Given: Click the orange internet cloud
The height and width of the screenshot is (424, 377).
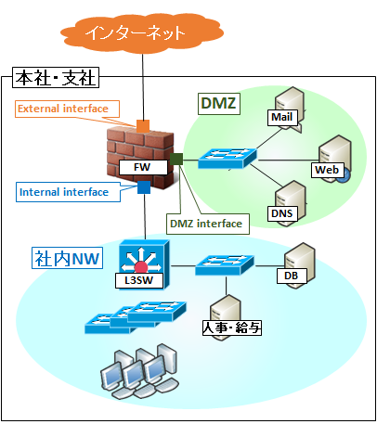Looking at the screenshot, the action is [142, 33].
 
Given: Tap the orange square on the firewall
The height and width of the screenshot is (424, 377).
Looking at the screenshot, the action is [143, 126].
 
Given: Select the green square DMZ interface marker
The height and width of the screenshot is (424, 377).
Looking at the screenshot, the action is [176, 159].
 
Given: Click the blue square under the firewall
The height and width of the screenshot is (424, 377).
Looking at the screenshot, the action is [144, 187].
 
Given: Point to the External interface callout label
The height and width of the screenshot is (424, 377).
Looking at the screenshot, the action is [67, 109].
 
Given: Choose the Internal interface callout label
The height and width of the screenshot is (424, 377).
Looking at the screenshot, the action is [68, 192].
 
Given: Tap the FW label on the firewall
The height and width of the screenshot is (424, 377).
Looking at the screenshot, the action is [143, 167].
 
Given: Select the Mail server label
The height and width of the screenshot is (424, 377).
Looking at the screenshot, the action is [282, 117].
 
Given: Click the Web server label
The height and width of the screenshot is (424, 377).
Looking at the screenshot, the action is [328, 170].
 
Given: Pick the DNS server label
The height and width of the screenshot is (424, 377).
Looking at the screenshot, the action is [282, 213].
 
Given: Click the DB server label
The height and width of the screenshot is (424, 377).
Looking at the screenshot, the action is [292, 276].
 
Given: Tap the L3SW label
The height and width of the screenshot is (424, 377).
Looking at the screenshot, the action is [139, 280].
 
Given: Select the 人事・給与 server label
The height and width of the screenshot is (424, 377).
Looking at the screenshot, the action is [232, 328].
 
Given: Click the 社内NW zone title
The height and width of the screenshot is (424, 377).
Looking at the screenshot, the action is [67, 258].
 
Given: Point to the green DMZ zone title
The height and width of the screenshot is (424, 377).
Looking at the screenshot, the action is [219, 103].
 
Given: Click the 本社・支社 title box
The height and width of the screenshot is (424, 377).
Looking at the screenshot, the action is [56, 78].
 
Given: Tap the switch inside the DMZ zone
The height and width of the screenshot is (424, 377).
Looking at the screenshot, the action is [227, 158].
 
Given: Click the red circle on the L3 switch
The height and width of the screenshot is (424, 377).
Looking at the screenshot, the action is [141, 267].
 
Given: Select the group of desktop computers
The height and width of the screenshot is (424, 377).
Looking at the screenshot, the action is [140, 370].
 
